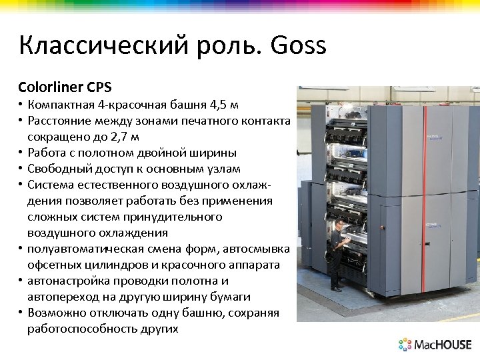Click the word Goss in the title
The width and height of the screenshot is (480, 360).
coord(299,46)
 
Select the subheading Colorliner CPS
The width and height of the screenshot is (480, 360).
coord(65,87)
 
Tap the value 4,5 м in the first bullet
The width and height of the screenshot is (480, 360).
coord(223,105)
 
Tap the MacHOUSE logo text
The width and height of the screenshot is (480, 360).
coord(443,345)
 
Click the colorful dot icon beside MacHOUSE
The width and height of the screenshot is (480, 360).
coord(405,345)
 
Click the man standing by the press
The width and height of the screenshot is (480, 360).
coord(338,253)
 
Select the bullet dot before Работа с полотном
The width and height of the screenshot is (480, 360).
coord(21,153)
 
